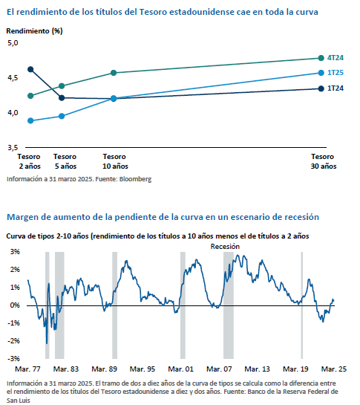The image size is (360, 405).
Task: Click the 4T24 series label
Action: [x=336, y=58]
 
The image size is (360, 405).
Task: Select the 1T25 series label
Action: [x=336, y=73]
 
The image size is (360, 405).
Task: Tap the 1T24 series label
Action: [x=336, y=88]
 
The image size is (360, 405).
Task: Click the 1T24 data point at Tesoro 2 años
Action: [x=30, y=69]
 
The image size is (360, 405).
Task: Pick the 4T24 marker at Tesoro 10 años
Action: [x=114, y=73]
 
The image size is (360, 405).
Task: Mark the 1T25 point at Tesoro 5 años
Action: [x=62, y=116]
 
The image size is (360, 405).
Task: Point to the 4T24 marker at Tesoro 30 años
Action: [x=321, y=58]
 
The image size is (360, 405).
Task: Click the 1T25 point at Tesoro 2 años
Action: [x=30, y=120]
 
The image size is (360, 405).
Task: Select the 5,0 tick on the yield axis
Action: [x=13, y=43]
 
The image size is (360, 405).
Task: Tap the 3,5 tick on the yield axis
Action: [x=13, y=148]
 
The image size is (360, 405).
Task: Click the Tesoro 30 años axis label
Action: [x=324, y=161]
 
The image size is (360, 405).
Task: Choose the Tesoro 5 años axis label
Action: [x=65, y=161]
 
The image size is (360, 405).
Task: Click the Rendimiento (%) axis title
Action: [x=34, y=31]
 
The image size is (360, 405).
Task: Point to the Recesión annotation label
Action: [x=225, y=247]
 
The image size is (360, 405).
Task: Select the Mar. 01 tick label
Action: [x=180, y=369]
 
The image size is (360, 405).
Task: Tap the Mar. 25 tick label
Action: [x=334, y=369]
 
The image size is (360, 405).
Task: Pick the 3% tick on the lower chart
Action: [x=15, y=252]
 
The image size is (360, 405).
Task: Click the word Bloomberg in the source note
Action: [x=135, y=179]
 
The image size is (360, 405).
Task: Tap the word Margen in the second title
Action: [x=22, y=217]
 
